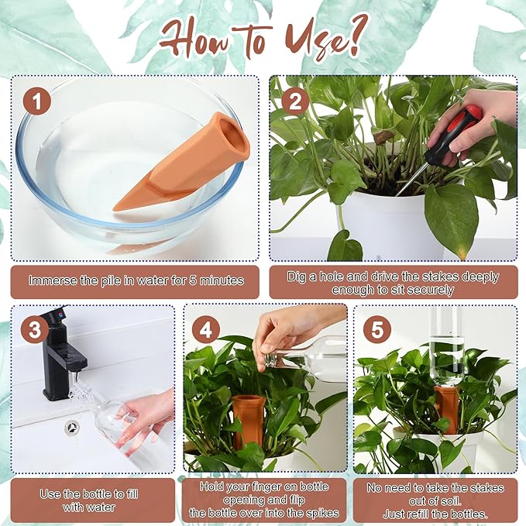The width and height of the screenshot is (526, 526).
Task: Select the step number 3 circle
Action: [35, 329]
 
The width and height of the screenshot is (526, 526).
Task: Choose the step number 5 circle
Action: [376, 331]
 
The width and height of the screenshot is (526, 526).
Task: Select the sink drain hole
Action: [72, 426]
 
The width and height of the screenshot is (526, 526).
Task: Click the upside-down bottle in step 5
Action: [446, 345]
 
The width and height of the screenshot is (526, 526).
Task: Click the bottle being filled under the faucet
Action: [108, 414]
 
